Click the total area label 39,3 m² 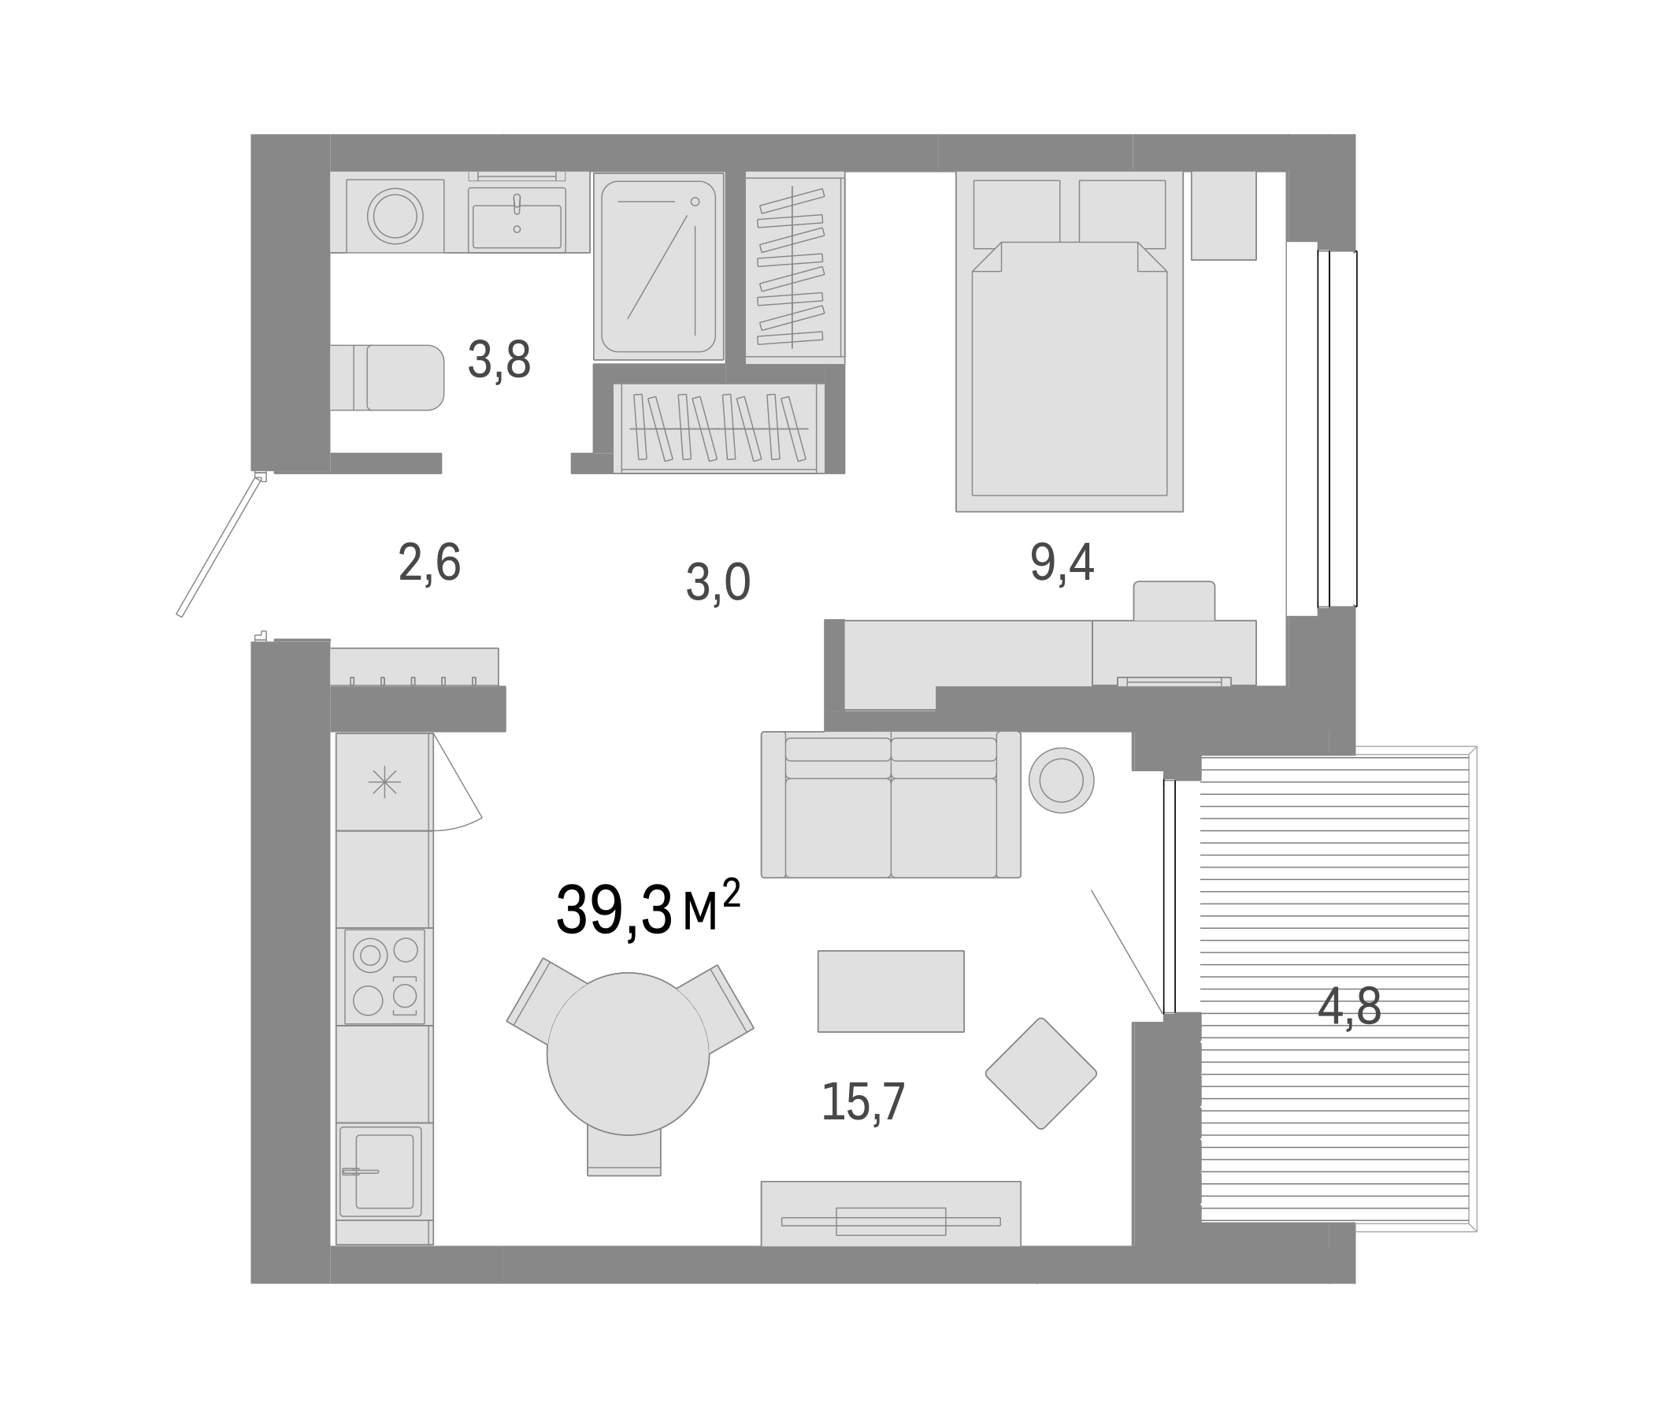click(x=647, y=911)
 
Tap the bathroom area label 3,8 click(x=499, y=360)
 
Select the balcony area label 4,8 click(x=1348, y=1008)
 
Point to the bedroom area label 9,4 click(x=1061, y=563)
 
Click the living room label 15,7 click(x=862, y=1102)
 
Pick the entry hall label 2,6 click(x=428, y=563)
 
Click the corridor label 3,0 click(x=718, y=583)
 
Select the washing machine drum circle click(x=395, y=216)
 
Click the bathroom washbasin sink click(x=517, y=226)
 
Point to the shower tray click(x=658, y=266)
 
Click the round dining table click(x=628, y=1053)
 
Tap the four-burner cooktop click(x=385, y=976)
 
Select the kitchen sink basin click(x=384, y=1171)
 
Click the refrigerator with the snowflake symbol click(x=384, y=781)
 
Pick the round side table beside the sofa click(x=1061, y=780)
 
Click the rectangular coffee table click(x=890, y=991)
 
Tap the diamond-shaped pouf click(x=1040, y=1073)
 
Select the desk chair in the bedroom click(x=1174, y=600)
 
